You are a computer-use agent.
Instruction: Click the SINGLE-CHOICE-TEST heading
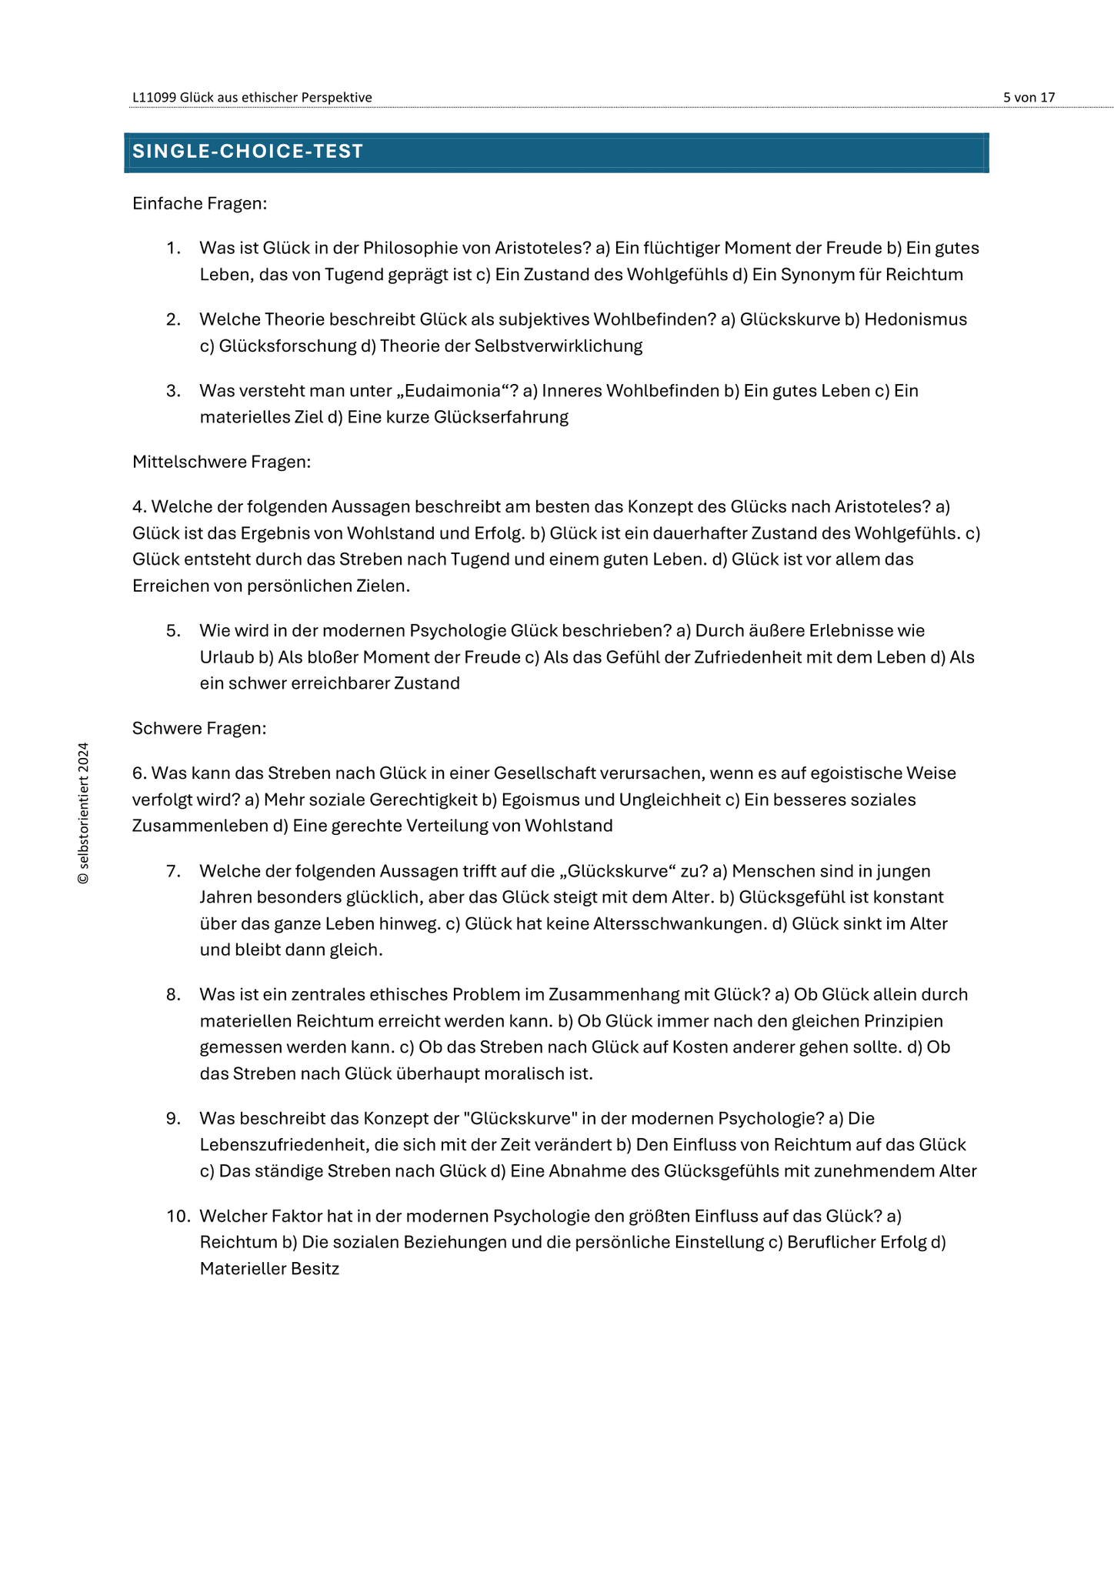[248, 152]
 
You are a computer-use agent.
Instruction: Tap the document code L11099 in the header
[154, 98]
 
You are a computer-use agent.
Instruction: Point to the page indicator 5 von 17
[1029, 98]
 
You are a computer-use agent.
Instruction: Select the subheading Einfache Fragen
[199, 203]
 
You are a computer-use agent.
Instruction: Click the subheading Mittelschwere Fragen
[222, 462]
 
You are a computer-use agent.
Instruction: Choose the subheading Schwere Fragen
[199, 728]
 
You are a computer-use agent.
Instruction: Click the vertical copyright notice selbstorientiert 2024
[83, 813]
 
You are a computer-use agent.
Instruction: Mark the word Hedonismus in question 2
[916, 319]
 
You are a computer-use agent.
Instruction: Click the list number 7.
[173, 871]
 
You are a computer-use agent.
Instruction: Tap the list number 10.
[178, 1216]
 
